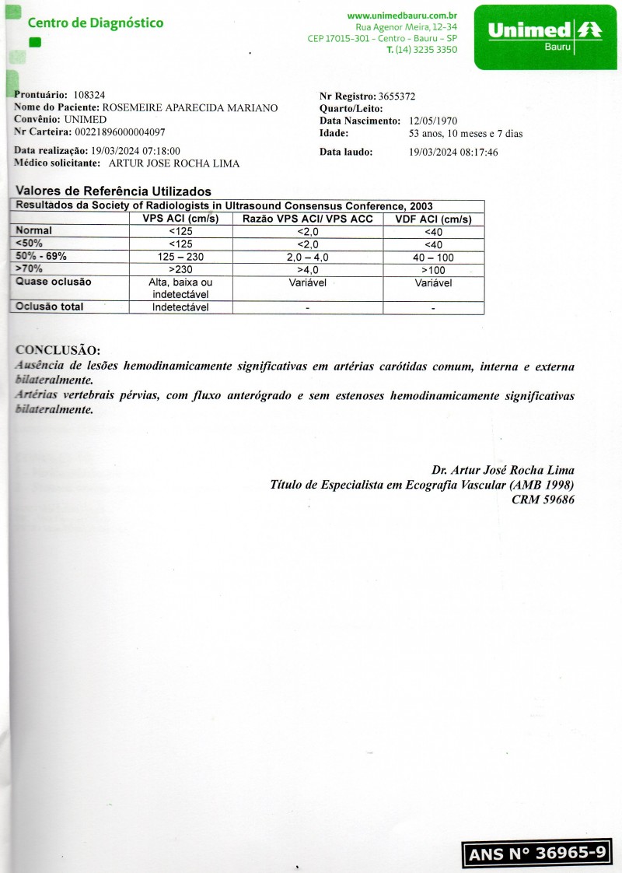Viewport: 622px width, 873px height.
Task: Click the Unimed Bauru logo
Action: click(543, 36)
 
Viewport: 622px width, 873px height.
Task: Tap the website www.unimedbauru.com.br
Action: click(402, 16)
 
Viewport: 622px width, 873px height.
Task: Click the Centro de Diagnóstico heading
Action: click(96, 23)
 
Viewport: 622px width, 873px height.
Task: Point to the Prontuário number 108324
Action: click(89, 95)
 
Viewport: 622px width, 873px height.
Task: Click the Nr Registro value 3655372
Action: click(397, 96)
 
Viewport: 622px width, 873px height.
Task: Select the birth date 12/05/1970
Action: click(433, 121)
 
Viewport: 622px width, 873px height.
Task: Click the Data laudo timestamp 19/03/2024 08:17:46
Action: click(453, 153)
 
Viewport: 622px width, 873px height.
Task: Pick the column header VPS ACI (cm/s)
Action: click(180, 219)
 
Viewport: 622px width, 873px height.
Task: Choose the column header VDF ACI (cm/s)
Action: click(433, 219)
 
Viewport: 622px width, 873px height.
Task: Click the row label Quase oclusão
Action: click(54, 282)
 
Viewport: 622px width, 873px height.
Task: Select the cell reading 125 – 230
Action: click(180, 257)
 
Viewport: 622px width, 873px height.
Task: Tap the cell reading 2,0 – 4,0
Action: click(308, 257)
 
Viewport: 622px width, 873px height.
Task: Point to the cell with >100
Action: click(433, 269)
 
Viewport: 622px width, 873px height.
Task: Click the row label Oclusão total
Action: click(50, 307)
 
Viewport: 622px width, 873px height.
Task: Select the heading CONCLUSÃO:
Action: click(58, 350)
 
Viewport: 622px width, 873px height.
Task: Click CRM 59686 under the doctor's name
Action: click(543, 500)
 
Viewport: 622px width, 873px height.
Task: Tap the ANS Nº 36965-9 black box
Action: click(537, 853)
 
